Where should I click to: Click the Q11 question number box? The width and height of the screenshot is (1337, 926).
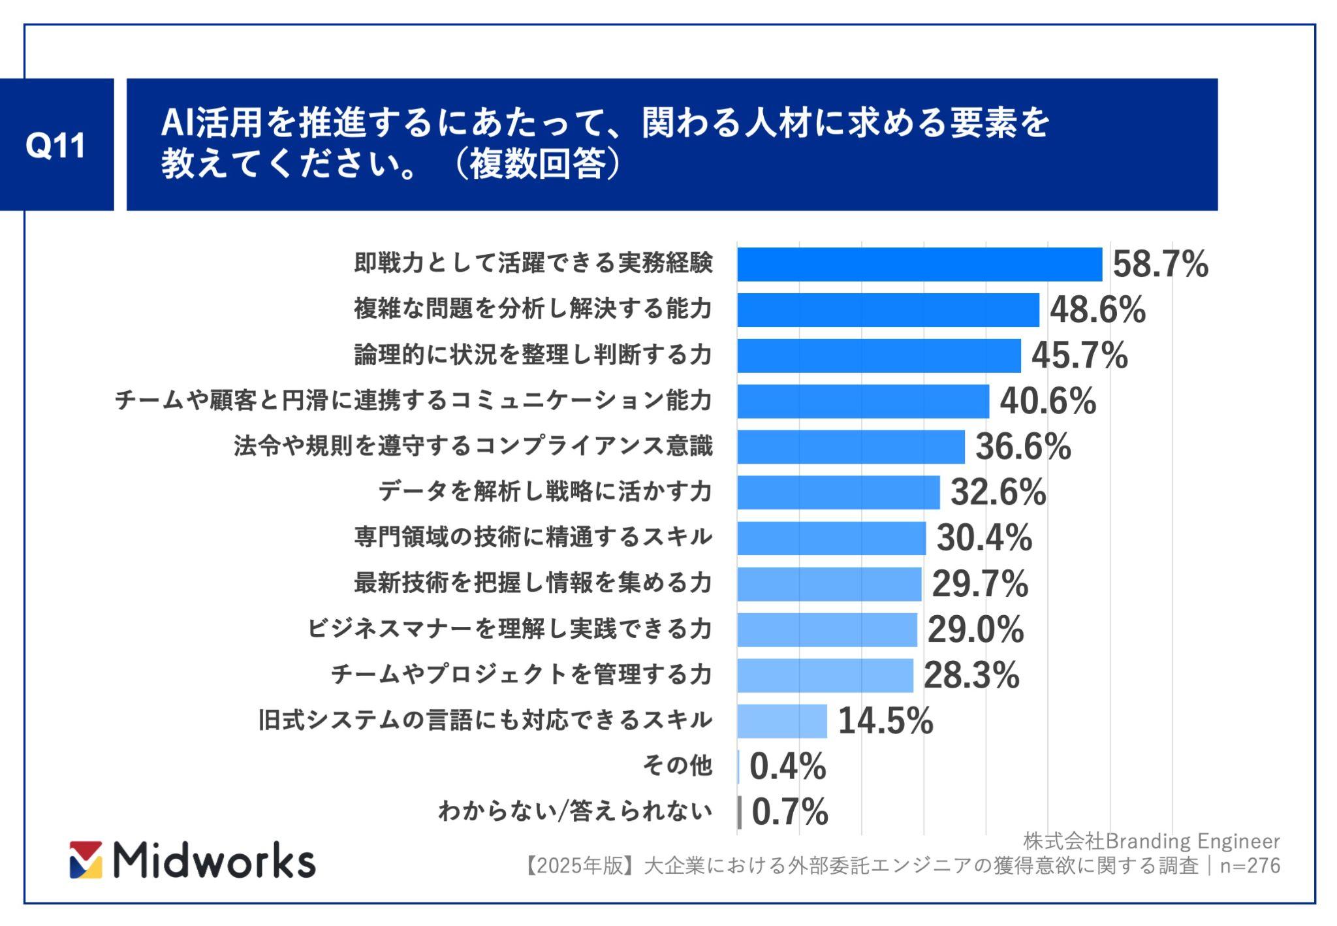tap(56, 145)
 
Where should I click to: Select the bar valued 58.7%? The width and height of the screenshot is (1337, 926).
tap(919, 264)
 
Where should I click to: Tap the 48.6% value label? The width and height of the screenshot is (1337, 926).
tap(1097, 310)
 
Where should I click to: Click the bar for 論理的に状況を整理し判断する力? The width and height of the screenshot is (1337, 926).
tap(879, 356)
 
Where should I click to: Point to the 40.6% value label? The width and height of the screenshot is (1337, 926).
tap(1048, 401)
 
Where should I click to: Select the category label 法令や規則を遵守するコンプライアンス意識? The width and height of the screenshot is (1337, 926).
tap(473, 447)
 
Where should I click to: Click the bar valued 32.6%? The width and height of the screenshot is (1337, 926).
tap(838, 492)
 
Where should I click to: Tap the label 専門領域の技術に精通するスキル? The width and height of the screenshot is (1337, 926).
tap(533, 537)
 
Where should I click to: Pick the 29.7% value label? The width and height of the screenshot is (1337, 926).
tap(979, 584)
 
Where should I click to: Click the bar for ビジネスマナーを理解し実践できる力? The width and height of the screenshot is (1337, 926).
tap(827, 630)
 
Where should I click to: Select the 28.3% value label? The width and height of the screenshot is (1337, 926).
tap(971, 675)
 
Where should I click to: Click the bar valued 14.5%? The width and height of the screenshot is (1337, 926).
tap(782, 721)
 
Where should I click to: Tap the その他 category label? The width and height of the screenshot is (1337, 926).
tap(677, 765)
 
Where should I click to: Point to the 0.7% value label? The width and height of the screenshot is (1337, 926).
tap(790, 812)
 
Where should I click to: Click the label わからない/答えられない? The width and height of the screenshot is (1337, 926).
tap(574, 812)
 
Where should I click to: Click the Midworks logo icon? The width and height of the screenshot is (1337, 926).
tap(86, 859)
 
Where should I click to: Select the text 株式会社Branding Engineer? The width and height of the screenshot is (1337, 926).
tap(1151, 841)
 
